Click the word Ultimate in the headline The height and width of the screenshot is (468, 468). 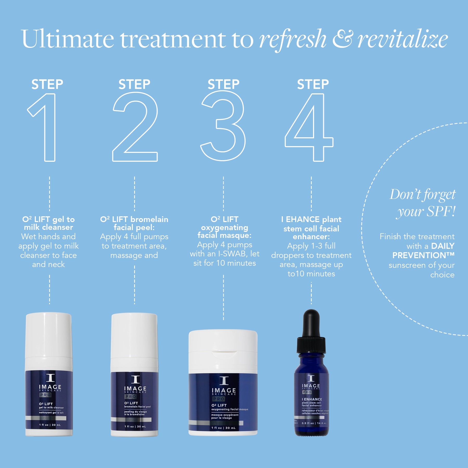[68, 39]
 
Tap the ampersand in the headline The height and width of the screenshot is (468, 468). [343, 39]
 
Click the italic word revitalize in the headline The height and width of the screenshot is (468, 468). [402, 39]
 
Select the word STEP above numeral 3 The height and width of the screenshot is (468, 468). [223, 84]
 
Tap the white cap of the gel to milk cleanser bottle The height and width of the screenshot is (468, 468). [49, 335]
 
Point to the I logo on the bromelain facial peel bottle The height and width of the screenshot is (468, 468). [135, 379]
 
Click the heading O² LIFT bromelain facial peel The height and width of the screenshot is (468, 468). [134, 223]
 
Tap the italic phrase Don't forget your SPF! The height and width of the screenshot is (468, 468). [424, 203]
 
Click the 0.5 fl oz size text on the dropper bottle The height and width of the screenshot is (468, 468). [308, 423]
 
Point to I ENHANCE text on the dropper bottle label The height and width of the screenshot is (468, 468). [312, 399]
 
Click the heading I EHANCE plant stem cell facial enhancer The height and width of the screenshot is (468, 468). [311, 228]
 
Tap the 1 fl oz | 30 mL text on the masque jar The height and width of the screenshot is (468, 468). [223, 428]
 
